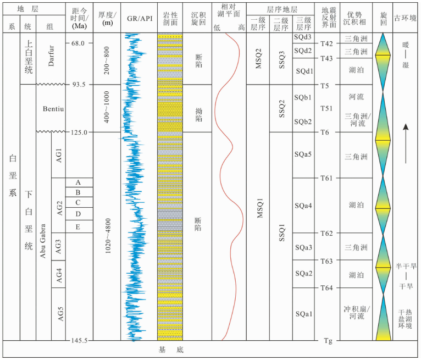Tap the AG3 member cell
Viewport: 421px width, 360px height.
[59, 248]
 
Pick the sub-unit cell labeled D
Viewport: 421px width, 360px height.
[78, 213]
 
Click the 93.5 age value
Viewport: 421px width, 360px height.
[79, 85]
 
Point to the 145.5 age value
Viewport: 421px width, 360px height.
[79, 341]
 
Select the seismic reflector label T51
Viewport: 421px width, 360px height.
[327, 108]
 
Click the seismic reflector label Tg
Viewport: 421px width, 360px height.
[327, 341]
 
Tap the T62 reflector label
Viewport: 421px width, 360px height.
[327, 234]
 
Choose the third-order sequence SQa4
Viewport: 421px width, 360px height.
[303, 206]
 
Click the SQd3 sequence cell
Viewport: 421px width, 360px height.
[303, 37]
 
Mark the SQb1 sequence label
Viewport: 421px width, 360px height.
[303, 98]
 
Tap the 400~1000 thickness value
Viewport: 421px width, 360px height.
[107, 108]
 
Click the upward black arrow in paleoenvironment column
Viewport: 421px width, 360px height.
[406, 143]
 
